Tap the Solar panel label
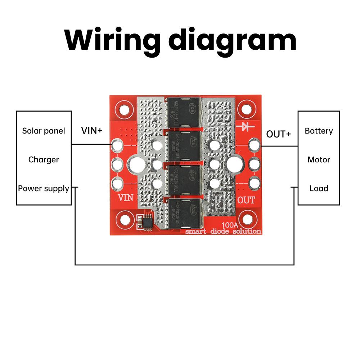coord(44,131)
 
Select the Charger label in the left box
coord(44,159)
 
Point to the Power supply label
coord(44,188)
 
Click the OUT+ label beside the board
coord(278,134)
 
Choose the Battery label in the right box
coord(319,131)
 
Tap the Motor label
coord(319,159)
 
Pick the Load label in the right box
coord(319,188)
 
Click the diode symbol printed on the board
coord(247,126)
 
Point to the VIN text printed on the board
coord(126,198)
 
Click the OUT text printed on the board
coord(246,200)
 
